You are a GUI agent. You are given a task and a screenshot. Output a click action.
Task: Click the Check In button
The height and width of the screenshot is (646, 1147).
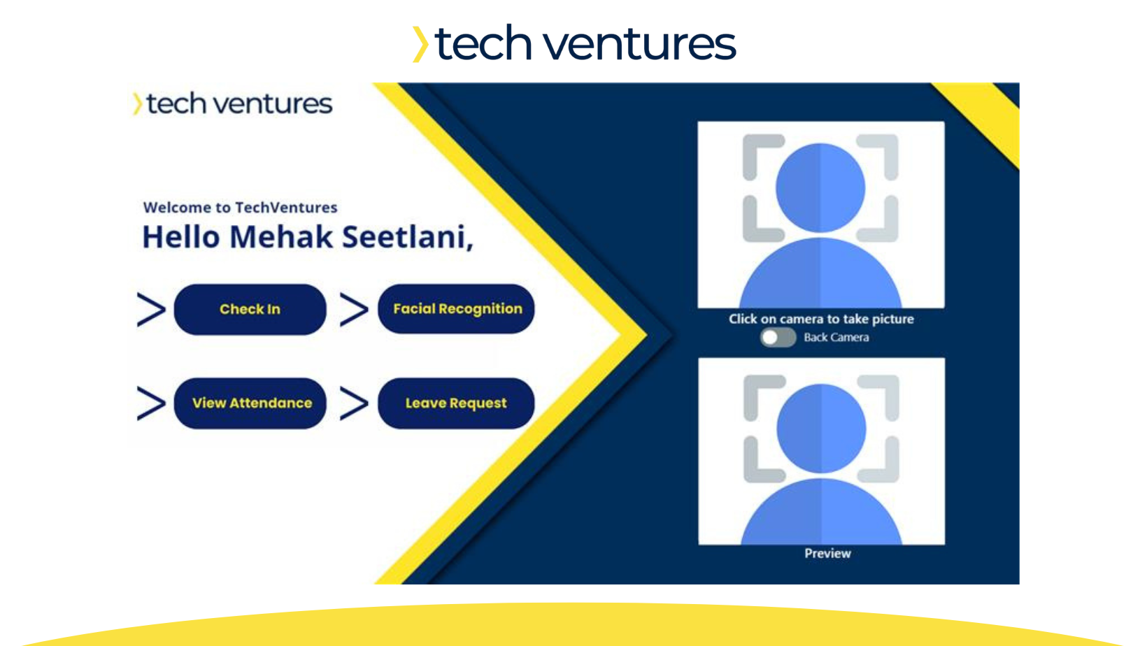(250, 309)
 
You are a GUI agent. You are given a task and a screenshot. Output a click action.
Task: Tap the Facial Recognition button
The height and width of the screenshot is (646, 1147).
(456, 308)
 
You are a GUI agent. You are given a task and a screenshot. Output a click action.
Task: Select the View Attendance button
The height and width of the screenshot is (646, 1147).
(250, 403)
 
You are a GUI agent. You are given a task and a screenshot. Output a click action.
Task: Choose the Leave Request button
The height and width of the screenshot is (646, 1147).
(456, 403)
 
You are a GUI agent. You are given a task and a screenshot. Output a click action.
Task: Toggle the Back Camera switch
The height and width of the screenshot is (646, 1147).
(778, 338)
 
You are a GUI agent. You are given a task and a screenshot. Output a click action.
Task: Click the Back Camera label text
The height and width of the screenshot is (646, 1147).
(836, 338)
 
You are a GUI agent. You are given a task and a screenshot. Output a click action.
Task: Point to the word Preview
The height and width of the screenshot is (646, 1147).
(827, 553)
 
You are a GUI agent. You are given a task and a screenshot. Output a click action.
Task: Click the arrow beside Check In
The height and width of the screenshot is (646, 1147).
(151, 309)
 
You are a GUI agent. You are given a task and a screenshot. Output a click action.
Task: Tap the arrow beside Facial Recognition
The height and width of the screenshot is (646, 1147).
(354, 309)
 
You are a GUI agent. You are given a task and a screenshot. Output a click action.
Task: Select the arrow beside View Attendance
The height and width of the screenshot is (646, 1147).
(151, 403)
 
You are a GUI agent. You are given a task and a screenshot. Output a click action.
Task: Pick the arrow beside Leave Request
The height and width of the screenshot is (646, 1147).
(354, 403)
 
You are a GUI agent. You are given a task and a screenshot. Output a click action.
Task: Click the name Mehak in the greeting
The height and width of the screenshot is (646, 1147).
(281, 237)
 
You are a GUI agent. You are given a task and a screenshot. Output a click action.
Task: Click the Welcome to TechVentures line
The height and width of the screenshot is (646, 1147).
(240, 208)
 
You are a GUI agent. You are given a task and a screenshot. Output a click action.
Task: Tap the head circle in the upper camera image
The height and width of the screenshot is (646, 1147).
(820, 188)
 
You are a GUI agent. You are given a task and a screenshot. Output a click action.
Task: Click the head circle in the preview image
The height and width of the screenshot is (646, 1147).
(821, 429)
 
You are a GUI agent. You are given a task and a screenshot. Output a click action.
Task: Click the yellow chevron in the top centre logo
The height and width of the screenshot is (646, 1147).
(420, 44)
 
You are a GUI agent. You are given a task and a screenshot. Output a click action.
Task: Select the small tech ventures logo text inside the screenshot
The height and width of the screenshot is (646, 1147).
(239, 103)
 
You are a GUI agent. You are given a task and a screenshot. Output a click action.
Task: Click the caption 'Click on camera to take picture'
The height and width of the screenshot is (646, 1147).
(821, 319)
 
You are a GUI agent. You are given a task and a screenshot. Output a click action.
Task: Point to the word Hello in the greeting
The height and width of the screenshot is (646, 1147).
(180, 237)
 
